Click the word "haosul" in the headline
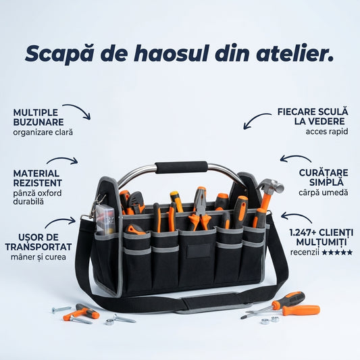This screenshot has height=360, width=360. [x=171, y=53]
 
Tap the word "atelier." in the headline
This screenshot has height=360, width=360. [x=294, y=53]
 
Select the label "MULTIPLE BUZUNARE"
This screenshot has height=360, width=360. [x=38, y=118]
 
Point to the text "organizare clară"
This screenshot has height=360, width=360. [x=43, y=132]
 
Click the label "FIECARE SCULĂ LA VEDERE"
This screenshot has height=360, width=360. [x=313, y=117]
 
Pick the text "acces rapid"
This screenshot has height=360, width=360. [x=327, y=132]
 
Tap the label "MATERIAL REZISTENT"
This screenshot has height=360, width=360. [x=37, y=178]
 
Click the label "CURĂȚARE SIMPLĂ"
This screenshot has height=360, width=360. [x=324, y=178]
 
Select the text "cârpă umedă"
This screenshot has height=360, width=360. [x=324, y=192]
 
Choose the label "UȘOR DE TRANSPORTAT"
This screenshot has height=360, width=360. [x=38, y=242]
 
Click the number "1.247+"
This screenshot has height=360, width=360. [x=303, y=233]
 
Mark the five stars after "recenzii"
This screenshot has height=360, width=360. [x=337, y=253]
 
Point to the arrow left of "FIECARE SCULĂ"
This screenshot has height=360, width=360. [x=254, y=118]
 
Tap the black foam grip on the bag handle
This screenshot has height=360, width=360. [x=182, y=167]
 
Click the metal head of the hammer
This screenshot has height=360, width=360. [x=270, y=185]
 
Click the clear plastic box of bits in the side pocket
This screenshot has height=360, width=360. [x=105, y=220]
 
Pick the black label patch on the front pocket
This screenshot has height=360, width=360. [x=199, y=251]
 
